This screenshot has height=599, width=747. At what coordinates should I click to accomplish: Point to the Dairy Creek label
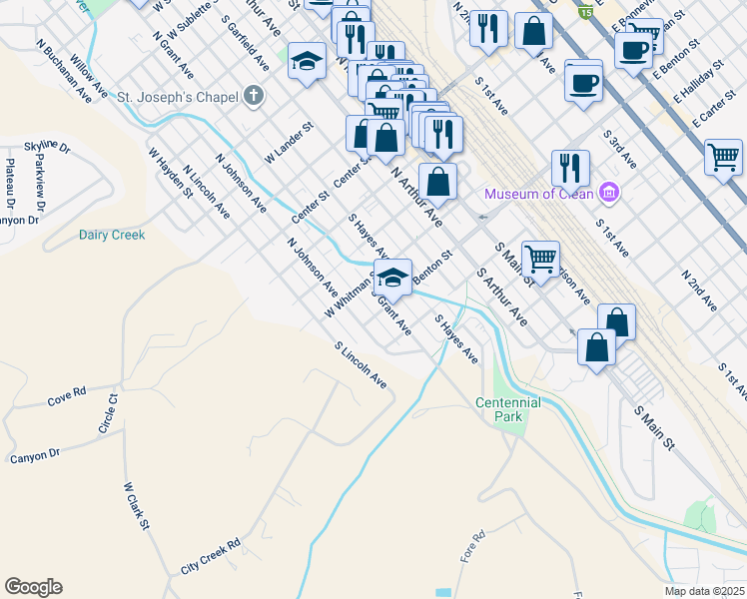(x=112, y=236)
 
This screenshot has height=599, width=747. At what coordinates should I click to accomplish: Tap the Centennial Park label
(x=507, y=409)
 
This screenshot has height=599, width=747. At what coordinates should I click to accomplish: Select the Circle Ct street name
(x=107, y=413)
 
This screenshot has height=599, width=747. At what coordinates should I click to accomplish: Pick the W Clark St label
(x=137, y=506)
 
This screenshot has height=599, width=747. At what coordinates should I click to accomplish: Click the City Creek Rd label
(x=211, y=557)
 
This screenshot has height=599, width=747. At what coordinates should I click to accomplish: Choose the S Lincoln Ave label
(x=361, y=366)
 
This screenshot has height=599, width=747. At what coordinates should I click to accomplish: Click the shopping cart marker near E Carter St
(x=723, y=157)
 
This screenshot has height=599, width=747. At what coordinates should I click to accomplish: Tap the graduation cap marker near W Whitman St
(x=393, y=278)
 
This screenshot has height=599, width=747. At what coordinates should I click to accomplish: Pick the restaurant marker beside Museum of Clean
(x=570, y=167)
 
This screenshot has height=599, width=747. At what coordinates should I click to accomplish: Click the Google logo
(x=33, y=587)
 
